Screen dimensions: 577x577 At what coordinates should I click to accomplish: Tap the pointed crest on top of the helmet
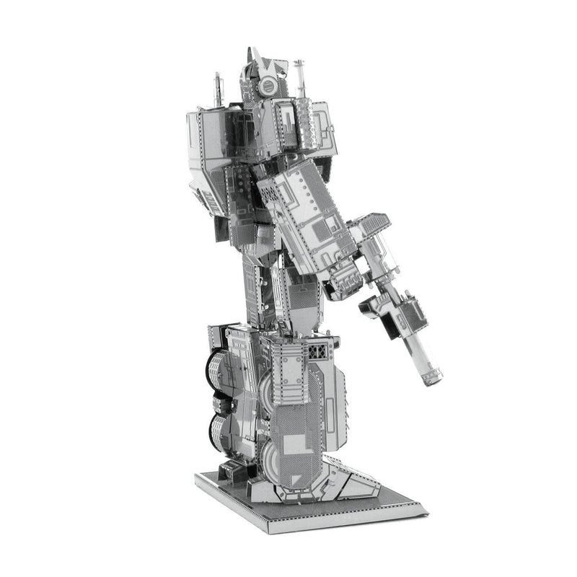tap(252, 56)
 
